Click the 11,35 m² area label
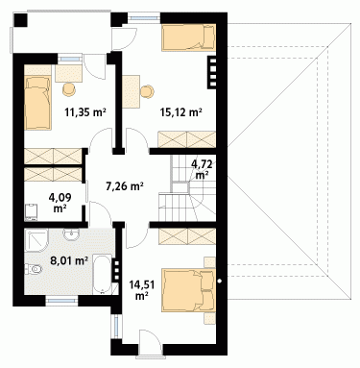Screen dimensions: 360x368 (85, 112)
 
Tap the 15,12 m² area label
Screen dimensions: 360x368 (180, 112)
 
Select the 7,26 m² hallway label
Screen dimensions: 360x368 (124, 185)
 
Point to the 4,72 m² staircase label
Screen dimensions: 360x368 (202, 169)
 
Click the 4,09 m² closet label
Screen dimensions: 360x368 (60, 203)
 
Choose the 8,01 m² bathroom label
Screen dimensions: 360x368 (69, 260)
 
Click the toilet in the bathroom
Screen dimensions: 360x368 (34, 269)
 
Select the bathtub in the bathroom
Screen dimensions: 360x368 (103, 274)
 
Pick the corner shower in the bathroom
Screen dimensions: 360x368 (36, 240)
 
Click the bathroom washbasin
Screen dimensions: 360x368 (71, 234)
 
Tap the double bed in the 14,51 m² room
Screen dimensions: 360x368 (188, 290)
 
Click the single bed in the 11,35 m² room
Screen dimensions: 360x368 (37, 103)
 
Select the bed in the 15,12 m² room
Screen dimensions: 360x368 (188, 37)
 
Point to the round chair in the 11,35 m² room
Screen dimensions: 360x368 (69, 89)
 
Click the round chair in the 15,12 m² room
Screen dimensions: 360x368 (147, 91)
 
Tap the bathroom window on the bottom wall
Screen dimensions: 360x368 (61, 301)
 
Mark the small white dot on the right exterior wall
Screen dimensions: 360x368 (220, 282)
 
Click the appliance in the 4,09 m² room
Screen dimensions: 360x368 (32, 211)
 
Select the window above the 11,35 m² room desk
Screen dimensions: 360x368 (70, 59)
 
